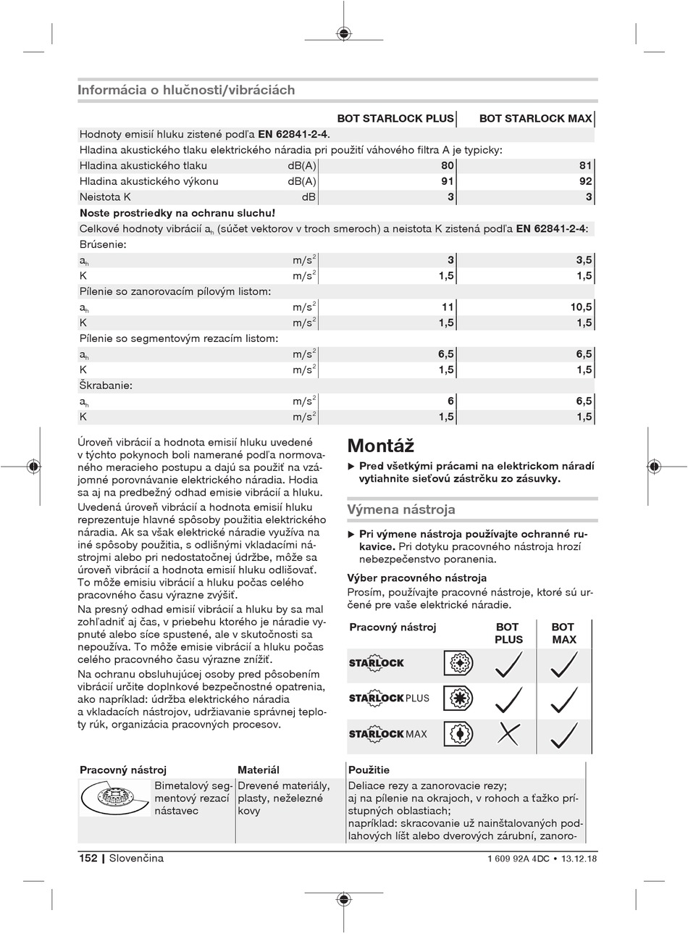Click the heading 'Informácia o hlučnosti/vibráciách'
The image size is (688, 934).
tap(186, 91)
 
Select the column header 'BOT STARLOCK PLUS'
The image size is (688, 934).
tap(395, 119)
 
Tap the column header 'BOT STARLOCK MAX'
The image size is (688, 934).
tap(535, 119)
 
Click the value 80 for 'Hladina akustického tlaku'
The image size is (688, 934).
tap(448, 166)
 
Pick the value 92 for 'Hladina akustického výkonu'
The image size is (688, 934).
tap(586, 182)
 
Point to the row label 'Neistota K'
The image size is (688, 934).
tap(105, 197)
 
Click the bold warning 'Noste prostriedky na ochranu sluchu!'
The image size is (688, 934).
tap(177, 213)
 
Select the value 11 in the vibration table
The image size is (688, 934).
tap(448, 307)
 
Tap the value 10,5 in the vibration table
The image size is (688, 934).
tap(581, 307)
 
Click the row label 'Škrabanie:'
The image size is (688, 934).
tap(106, 385)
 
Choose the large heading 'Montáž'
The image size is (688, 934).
tap(381, 445)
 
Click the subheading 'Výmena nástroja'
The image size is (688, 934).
tap(401, 509)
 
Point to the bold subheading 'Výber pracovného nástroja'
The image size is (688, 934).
tap(417, 578)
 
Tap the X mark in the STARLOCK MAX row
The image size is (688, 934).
tap(508, 734)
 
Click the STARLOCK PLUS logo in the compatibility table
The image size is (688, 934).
tap(389, 699)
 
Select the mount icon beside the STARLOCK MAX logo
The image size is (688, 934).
tap(458, 734)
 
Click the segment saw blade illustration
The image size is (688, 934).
tap(114, 801)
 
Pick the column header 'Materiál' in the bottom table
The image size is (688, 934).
tap(259, 770)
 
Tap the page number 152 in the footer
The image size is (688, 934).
tap(88, 859)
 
